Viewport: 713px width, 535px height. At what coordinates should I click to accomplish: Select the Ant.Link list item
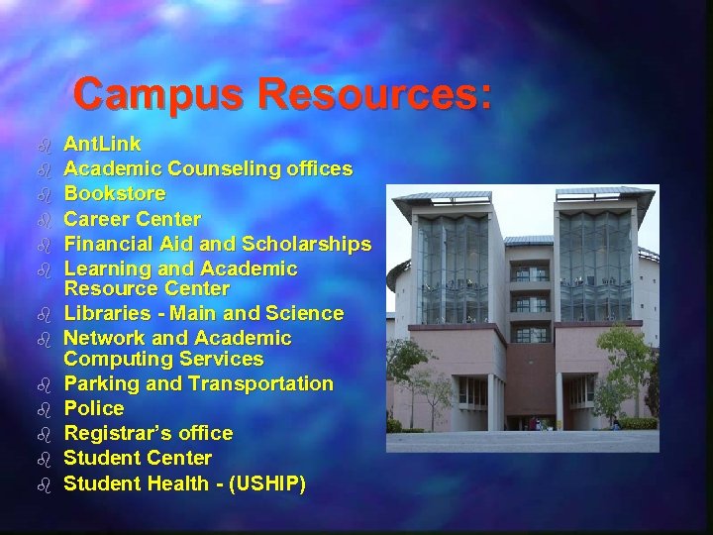[x=102, y=145]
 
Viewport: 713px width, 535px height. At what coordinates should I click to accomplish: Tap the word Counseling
[x=221, y=169]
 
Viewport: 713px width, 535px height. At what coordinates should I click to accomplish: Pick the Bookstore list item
[x=115, y=194]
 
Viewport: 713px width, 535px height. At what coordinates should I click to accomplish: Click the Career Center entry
[x=132, y=219]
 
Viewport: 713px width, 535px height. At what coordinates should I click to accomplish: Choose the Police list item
[x=94, y=408]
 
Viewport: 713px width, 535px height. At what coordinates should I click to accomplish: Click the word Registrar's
[x=112, y=433]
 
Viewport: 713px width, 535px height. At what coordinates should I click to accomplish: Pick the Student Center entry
[x=138, y=458]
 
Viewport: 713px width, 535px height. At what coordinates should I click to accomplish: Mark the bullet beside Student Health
[x=44, y=484]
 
